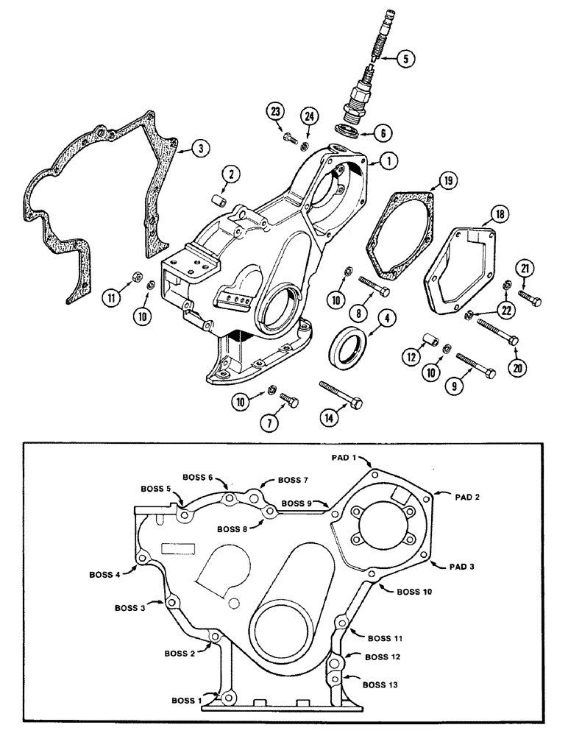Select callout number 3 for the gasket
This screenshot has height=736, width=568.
coord(196,148)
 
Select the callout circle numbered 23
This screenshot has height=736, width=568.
coord(276,112)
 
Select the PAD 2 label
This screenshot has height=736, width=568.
coord(466,498)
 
